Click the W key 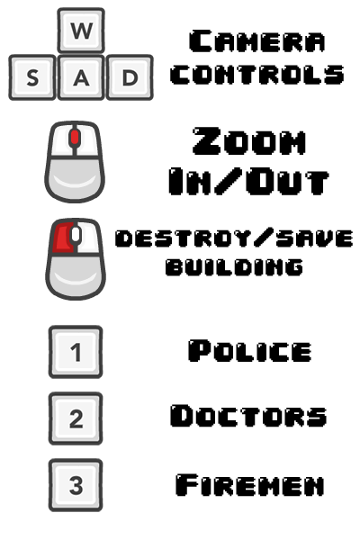pyautogui.click(x=81, y=31)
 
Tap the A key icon pyautogui.click(x=81, y=77)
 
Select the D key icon pyautogui.click(x=130, y=77)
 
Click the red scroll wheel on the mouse pyautogui.click(x=75, y=137)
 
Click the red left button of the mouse pyautogui.click(x=63, y=238)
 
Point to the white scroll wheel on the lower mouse pyautogui.click(x=76, y=235)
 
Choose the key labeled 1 pyautogui.click(x=76, y=352)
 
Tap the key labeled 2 pyautogui.click(x=76, y=418)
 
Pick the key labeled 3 pyautogui.click(x=76, y=485)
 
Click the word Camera pyautogui.click(x=257, y=41)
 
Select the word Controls pyautogui.click(x=257, y=75)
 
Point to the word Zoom pyautogui.click(x=249, y=140)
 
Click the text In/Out pyautogui.click(x=248, y=182)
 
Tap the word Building pyautogui.click(x=234, y=266)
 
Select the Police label pyautogui.click(x=250, y=351)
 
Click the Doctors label pyautogui.click(x=248, y=416)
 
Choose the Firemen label pyautogui.click(x=250, y=485)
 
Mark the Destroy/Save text pyautogui.click(x=234, y=238)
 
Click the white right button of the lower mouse pyautogui.click(x=88, y=238)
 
